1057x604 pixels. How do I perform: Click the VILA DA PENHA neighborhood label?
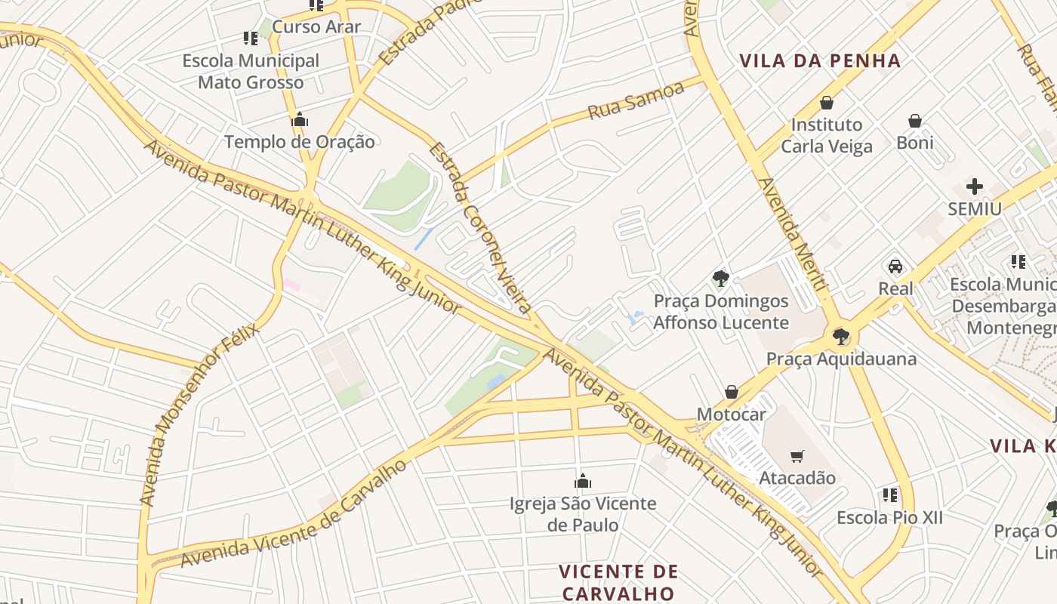pyautogui.click(x=820, y=61)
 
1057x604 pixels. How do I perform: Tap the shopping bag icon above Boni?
pyautogui.click(x=915, y=121)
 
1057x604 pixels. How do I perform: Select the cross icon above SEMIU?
pyautogui.click(x=975, y=186)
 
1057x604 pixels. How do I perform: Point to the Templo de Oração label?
pyautogui.click(x=299, y=141)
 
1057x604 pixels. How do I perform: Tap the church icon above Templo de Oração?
pyautogui.click(x=300, y=120)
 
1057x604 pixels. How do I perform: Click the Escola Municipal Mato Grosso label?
pyautogui.click(x=251, y=72)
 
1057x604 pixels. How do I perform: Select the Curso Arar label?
pyautogui.click(x=316, y=27)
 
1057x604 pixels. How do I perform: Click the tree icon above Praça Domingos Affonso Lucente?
pyautogui.click(x=720, y=279)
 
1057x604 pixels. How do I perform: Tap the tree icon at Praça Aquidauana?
pyautogui.click(x=840, y=337)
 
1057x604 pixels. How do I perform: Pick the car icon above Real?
pyautogui.click(x=895, y=267)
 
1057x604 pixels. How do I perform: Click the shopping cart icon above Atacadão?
pyautogui.click(x=797, y=456)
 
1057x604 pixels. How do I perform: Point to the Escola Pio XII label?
pyautogui.click(x=889, y=518)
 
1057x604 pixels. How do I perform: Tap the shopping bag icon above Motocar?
pyautogui.click(x=731, y=392)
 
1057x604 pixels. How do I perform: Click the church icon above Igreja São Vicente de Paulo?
pyautogui.click(x=583, y=481)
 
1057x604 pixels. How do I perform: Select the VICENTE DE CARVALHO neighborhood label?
pyautogui.click(x=618, y=581)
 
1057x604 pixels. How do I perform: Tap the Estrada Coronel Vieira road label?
pyautogui.click(x=480, y=227)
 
